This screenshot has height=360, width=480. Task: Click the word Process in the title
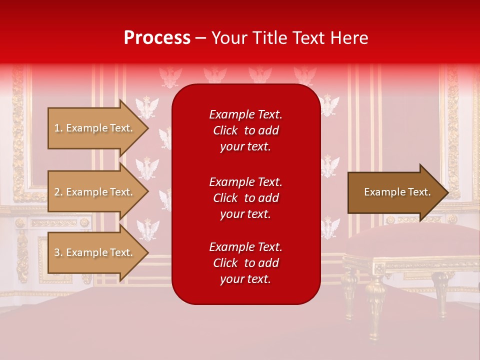[157, 38]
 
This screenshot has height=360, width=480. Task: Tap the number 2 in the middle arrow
[57, 192]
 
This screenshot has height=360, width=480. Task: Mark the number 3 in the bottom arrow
[57, 252]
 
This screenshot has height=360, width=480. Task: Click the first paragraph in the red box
[245, 130]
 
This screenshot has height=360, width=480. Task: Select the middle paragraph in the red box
[245, 198]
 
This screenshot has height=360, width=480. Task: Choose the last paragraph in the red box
[245, 263]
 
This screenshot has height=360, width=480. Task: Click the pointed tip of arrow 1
[147, 128]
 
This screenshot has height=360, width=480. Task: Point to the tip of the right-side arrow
[447, 192]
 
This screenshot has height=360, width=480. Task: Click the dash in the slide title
[201, 38]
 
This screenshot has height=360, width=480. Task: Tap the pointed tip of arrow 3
[147, 252]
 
